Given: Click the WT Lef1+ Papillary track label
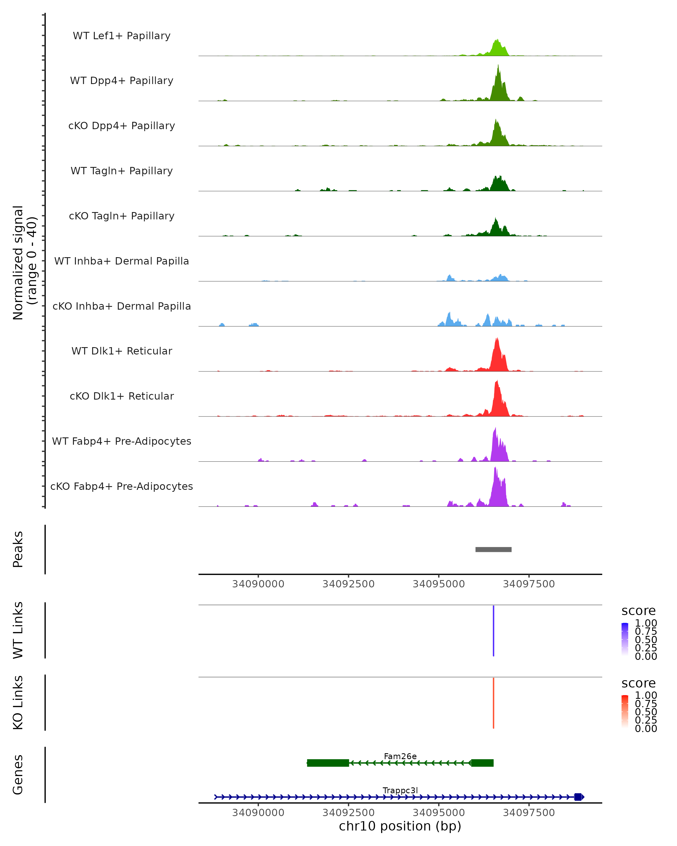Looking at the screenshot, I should coord(122,36).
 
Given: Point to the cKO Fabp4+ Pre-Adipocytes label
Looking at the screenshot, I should coord(122,486).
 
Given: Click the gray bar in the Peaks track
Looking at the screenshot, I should coord(493,549).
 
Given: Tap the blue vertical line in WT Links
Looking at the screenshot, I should coord(493,631).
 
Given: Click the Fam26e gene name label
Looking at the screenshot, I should coord(400,756).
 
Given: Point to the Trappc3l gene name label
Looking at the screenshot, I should coord(400,790).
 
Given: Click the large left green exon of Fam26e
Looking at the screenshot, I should coord(328,763).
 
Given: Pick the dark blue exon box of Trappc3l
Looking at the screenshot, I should coord(578,797).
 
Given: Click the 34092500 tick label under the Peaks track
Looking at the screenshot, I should coord(348,584).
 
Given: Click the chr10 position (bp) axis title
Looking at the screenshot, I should coord(400,826).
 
